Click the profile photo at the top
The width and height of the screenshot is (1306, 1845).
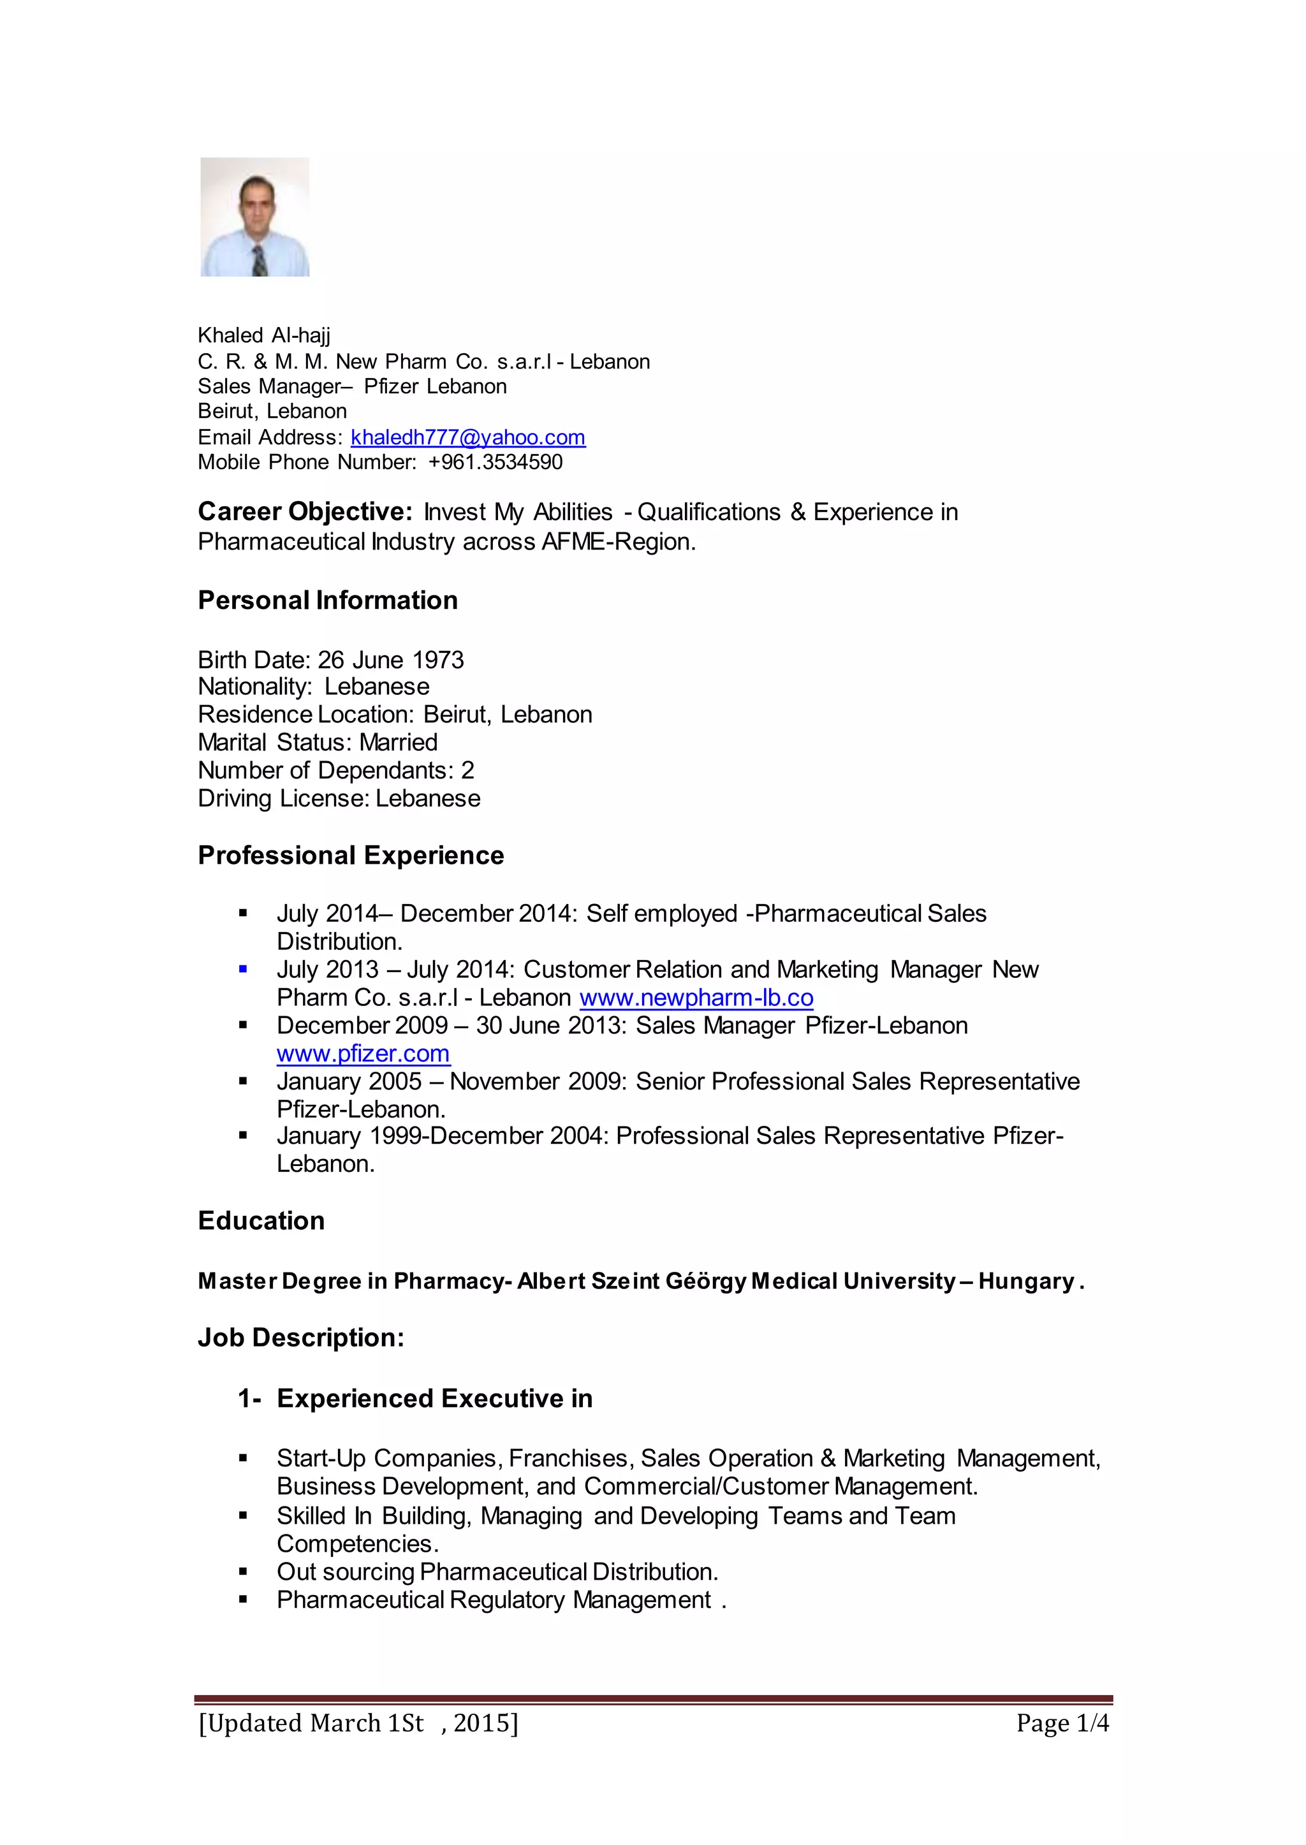coord(254,217)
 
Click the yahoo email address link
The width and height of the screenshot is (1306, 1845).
coord(468,437)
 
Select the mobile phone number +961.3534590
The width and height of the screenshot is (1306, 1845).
coord(495,462)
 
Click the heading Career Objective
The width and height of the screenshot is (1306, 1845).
coord(305,512)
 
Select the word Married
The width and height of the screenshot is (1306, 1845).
coord(398,742)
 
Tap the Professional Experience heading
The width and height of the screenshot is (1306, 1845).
coord(351,856)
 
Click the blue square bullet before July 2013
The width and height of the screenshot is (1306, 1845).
coord(243,970)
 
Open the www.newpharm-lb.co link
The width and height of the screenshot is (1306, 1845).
coord(696,998)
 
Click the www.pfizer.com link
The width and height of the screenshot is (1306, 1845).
coord(363,1054)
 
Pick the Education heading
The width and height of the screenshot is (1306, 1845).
coord(261,1221)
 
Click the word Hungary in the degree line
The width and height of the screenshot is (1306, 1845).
coord(1026,1281)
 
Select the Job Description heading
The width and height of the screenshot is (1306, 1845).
coord(301,1338)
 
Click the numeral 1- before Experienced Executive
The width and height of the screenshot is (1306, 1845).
coord(249,1399)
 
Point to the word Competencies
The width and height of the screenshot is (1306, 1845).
coord(357,1544)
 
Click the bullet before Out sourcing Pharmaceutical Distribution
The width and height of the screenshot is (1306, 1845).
coord(243,1573)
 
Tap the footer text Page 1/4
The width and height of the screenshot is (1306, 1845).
coord(1062,1723)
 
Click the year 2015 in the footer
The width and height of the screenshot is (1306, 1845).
coord(481,1723)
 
